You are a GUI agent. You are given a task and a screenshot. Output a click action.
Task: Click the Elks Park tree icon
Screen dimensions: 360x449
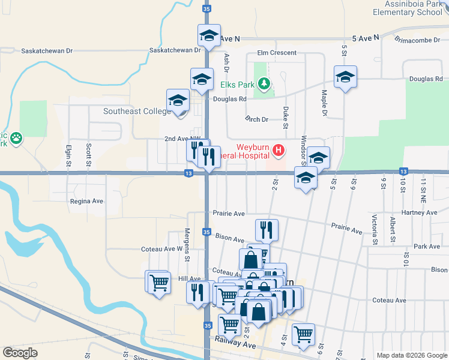(262, 84)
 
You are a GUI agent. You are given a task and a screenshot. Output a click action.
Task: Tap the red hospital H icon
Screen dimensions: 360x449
(279, 150)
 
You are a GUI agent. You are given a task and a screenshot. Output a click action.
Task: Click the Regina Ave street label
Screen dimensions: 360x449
(87, 202)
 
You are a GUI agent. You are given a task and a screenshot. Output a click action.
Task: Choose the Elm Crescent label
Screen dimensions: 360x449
(277, 53)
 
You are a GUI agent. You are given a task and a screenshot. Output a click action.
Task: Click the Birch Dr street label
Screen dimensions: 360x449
(256, 119)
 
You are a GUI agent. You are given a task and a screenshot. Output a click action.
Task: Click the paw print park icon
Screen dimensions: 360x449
(16, 139)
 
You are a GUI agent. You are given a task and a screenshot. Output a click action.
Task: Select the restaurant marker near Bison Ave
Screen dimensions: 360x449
(266, 229)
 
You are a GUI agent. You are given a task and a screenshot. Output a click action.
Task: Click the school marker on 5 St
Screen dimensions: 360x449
(345, 77)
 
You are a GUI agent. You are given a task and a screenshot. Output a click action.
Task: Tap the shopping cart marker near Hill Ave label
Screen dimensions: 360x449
(158, 281)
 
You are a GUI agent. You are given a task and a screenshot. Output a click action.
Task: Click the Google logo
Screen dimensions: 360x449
(20, 353)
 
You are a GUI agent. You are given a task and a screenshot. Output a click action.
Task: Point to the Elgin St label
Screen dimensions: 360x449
(68, 155)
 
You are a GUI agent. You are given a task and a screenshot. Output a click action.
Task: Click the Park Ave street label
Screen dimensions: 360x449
(427, 247)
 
